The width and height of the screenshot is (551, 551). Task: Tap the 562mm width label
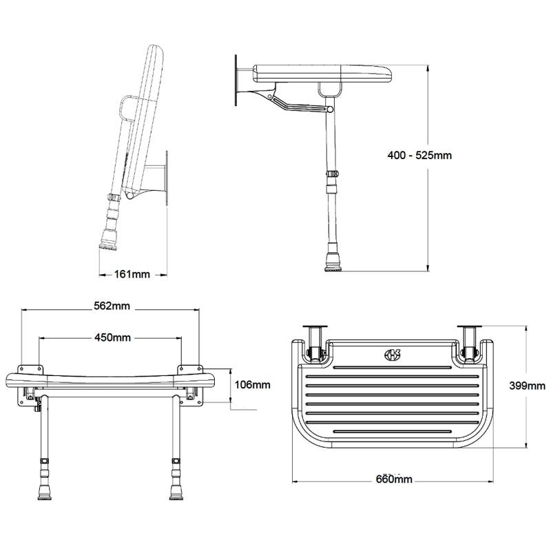pos(112,306)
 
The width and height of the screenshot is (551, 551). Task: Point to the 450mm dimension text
pos(112,337)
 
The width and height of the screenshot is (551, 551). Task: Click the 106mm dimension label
pos(251,385)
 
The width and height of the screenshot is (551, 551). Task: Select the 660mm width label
pos(395,479)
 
